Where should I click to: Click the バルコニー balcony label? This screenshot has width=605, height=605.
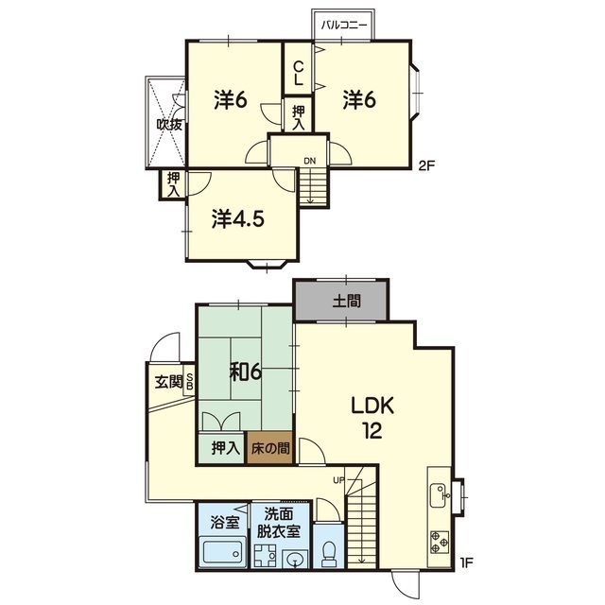point(344,26)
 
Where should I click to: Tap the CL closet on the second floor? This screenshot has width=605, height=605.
point(299,68)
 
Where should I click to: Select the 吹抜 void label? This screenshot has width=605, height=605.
point(169,124)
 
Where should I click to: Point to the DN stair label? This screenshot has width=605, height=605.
point(309,161)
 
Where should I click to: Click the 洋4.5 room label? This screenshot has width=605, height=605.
point(238,219)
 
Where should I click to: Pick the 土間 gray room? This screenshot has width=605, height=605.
point(341,301)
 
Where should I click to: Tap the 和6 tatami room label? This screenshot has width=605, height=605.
point(246,372)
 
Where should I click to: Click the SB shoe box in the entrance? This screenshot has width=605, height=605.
point(189,381)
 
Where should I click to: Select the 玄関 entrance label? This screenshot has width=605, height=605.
point(168,382)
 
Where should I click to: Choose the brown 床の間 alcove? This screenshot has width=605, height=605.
point(269,447)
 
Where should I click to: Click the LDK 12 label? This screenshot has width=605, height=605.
point(372,418)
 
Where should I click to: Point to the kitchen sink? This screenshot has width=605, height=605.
point(440,495)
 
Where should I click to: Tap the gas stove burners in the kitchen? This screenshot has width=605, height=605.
point(440,542)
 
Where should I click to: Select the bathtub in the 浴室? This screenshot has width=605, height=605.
point(223,552)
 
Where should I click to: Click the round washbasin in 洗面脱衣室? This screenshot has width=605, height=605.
point(296,559)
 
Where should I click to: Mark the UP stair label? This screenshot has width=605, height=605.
point(338,480)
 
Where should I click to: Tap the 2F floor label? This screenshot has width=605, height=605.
point(426,166)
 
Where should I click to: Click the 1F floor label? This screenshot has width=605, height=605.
point(466,562)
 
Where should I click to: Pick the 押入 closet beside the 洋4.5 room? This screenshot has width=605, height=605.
point(173,185)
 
